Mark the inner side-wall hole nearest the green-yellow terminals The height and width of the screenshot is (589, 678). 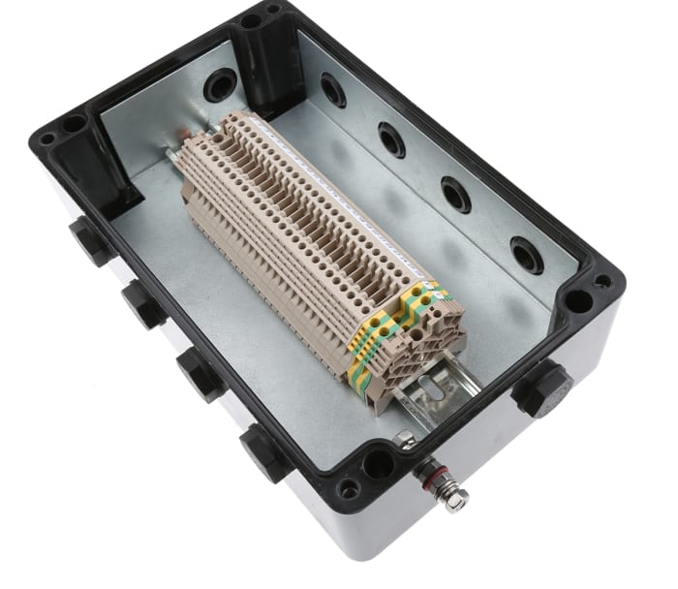tap(527, 255)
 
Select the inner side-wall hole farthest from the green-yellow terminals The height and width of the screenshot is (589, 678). tap(332, 90)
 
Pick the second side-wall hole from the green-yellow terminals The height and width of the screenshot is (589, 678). tap(455, 195)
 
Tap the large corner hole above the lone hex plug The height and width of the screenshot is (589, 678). tap(578, 299)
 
